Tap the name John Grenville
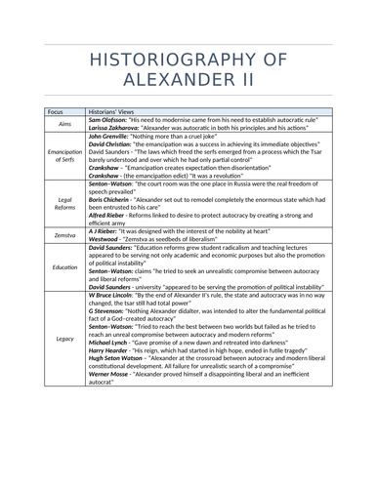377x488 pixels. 111,137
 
